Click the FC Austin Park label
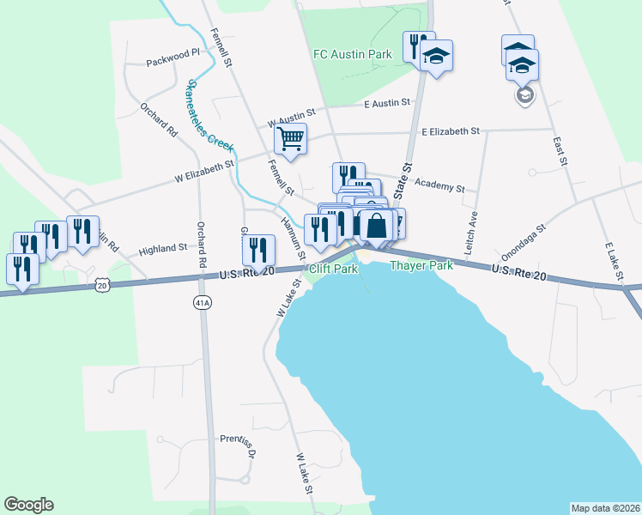352,54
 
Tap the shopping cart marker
291,138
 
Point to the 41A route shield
202,303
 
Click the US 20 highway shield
103,283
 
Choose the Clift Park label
333,270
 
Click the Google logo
28,505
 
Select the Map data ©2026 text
604,507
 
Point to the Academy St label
439,185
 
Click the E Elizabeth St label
450,131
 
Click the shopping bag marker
376,227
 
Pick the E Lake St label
613,262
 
